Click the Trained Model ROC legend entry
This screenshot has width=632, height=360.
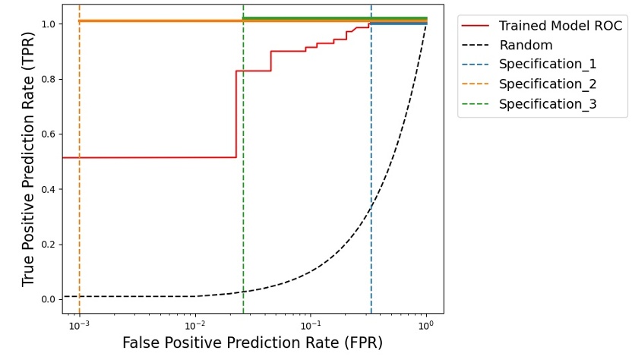coord(560,26)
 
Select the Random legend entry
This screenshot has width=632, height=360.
coord(526,46)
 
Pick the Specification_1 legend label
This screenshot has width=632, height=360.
coord(548,65)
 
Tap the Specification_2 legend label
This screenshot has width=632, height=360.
coord(548,84)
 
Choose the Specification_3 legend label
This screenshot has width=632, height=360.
coord(548,104)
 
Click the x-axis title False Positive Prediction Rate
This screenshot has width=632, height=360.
coord(252,343)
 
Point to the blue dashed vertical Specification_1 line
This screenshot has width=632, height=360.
coord(371,152)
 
